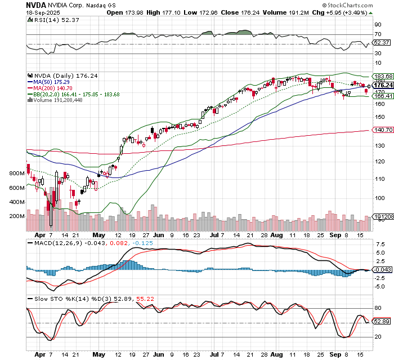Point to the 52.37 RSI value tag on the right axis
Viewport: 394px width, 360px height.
click(x=382, y=42)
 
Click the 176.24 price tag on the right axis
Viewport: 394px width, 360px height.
click(x=383, y=85)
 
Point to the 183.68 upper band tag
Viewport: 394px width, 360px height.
click(x=383, y=76)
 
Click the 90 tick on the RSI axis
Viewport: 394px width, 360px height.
click(x=378, y=25)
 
